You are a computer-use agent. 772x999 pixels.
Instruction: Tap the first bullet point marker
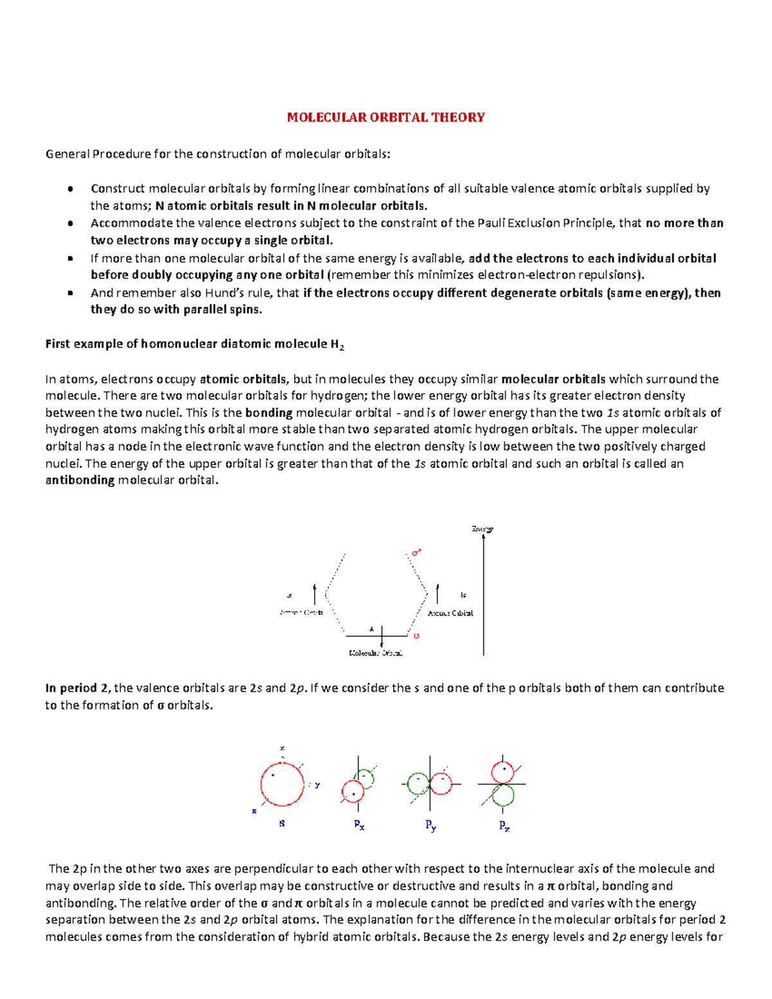(70, 189)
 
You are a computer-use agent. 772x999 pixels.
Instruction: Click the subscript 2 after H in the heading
(342, 347)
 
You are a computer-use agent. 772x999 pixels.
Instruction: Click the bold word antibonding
(80, 480)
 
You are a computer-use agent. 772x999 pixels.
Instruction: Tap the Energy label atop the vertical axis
(482, 529)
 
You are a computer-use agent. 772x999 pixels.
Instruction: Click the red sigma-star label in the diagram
(416, 553)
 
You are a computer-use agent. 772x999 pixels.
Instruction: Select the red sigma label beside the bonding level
(416, 636)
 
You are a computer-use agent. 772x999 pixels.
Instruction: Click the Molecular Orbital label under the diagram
(376, 653)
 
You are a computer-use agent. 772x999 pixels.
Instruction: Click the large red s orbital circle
(282, 784)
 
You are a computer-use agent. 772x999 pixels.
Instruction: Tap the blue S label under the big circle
(282, 823)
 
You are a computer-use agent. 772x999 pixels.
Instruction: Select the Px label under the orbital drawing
(359, 825)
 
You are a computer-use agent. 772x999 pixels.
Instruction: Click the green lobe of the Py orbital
(419, 784)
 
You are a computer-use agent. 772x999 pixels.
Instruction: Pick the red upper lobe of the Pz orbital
(502, 771)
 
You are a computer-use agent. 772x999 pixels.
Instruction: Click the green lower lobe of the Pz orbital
(502, 796)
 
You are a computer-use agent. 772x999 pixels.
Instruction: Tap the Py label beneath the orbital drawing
(430, 825)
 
